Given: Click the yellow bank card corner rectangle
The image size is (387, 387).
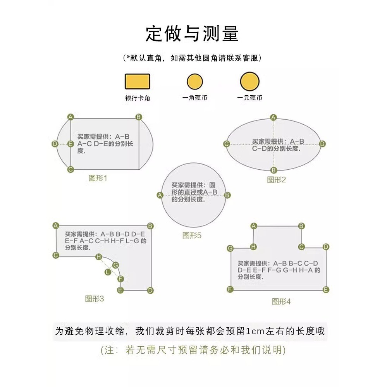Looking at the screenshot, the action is coord(138,81).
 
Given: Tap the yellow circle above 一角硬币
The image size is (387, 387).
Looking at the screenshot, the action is coord(195,81).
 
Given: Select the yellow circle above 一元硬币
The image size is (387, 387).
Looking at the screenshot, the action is coord(250,81).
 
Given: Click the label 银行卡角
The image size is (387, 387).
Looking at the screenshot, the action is coord(138,98).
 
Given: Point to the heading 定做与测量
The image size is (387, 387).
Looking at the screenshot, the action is coord(192,34).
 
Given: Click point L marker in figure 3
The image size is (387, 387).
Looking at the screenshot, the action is coord(108,272).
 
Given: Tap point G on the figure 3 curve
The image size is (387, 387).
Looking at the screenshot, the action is coord(115,265).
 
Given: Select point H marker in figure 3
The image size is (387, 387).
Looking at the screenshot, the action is coord(99,257).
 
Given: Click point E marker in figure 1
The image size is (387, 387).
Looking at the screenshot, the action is coord(71,144).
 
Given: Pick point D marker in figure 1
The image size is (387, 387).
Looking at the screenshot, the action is coord(55,144).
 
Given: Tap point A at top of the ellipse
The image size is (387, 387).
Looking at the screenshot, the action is coord(273,117).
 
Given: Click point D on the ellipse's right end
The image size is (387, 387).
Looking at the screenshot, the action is coord(322,144).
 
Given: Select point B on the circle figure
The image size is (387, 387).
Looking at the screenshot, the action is coord(227,195).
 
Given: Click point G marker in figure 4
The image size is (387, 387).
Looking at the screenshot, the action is coord(230,248).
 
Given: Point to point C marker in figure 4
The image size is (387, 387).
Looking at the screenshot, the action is coord(301,247).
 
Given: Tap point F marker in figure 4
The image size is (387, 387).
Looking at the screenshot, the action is coord(230,289).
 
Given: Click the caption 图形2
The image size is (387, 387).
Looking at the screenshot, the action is coord(276,180).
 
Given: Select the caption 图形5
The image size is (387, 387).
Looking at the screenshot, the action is coord(192,236).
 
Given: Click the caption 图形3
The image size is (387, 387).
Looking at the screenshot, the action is coord(94,299).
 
